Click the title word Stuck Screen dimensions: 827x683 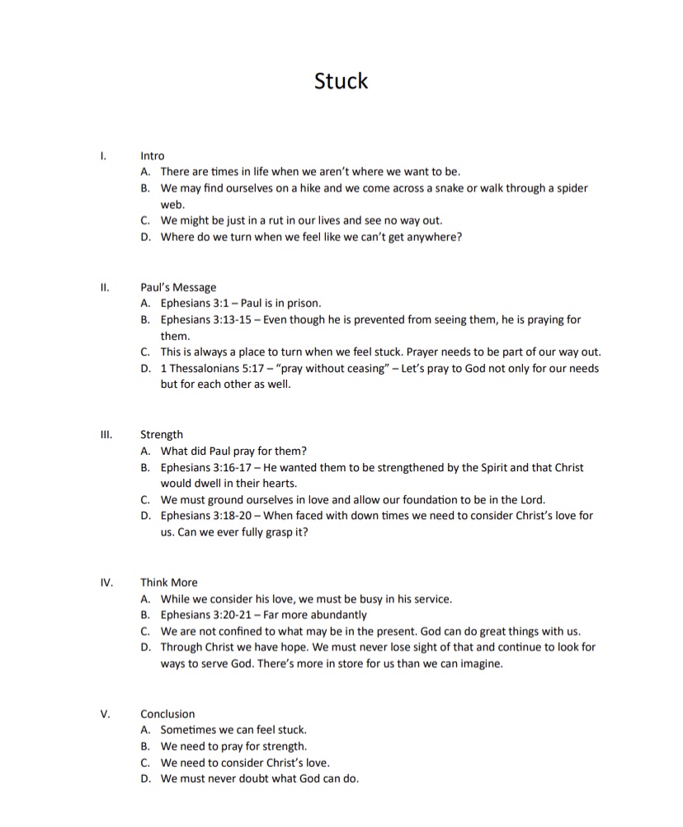click(x=341, y=81)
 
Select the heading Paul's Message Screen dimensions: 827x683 click(x=178, y=287)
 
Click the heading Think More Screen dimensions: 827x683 click(x=169, y=582)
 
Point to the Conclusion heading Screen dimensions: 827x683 click(x=167, y=714)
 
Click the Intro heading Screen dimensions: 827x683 click(x=153, y=155)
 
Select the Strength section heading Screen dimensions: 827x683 click(x=162, y=435)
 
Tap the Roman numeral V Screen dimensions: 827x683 click(x=105, y=714)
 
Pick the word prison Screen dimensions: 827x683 click(x=302, y=303)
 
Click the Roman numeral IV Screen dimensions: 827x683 click(x=106, y=582)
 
